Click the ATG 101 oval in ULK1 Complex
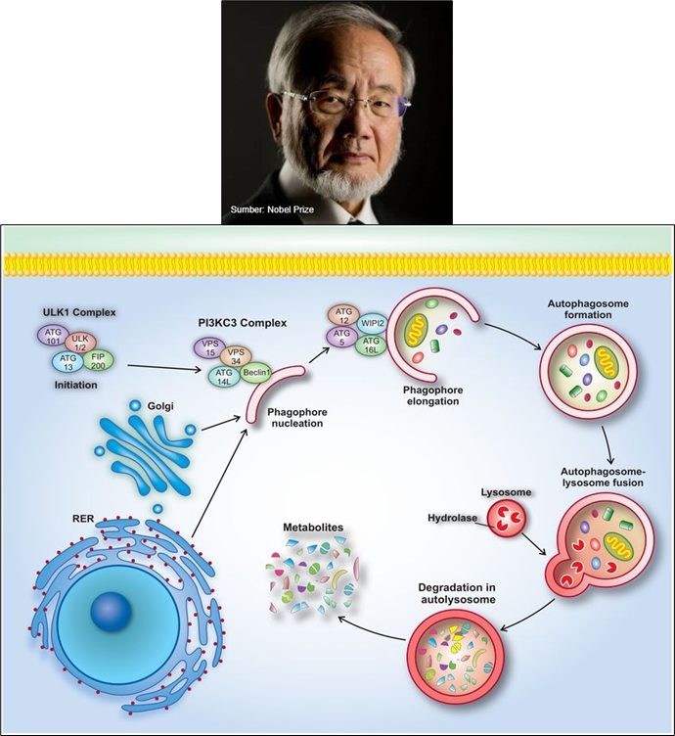tap(50, 339)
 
